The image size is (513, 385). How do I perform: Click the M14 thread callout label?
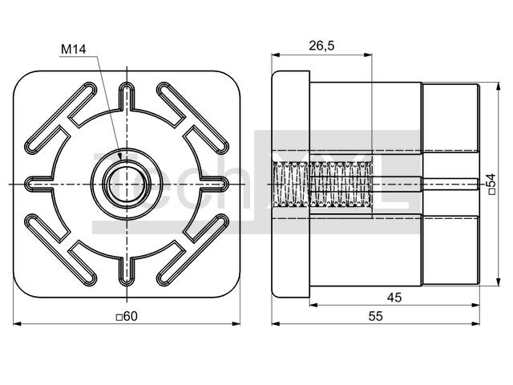74,50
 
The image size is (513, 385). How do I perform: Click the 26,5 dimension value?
321,46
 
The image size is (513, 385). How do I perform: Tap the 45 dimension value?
394,298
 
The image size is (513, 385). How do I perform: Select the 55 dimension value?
376,316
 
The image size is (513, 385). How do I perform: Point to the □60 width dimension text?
127,316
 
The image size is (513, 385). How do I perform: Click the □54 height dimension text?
492,184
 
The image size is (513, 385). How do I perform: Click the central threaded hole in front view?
127,184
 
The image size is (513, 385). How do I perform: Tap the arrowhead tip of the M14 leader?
121,160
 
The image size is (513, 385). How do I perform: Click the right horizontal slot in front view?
214,184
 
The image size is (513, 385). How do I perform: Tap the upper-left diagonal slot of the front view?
61,118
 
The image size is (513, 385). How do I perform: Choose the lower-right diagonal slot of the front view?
193,250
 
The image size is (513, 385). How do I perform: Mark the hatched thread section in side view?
322,184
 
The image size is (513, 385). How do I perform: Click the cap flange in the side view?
291,184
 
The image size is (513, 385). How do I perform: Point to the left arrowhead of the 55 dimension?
276,324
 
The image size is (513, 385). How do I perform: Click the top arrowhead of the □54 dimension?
499,86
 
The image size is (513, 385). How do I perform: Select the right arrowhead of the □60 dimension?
236,324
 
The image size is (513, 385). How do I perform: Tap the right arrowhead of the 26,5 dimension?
368,55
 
